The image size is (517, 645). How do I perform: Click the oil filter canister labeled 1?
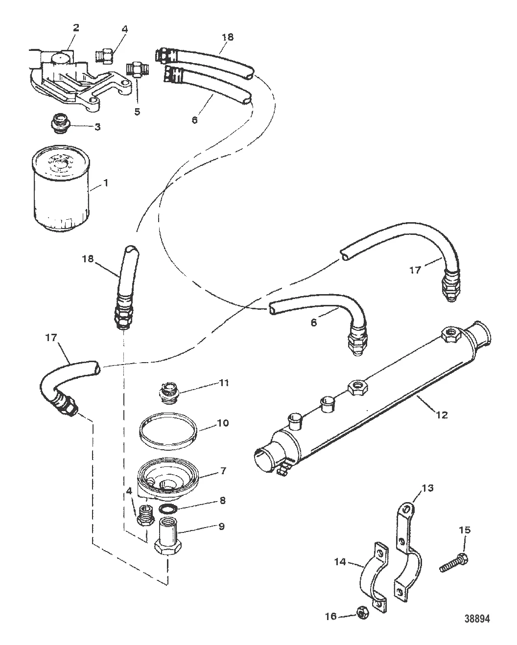[x=61, y=188]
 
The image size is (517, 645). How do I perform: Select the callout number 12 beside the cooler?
[x=442, y=415]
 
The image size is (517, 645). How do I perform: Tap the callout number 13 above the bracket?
[x=427, y=488]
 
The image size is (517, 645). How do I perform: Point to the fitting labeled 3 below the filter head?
[x=61, y=123]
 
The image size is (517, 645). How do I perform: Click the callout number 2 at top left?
[x=76, y=27]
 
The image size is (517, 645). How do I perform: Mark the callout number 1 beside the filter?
[x=105, y=183]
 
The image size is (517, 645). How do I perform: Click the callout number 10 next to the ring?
[x=222, y=423]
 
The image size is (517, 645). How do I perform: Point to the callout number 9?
[x=221, y=526]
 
